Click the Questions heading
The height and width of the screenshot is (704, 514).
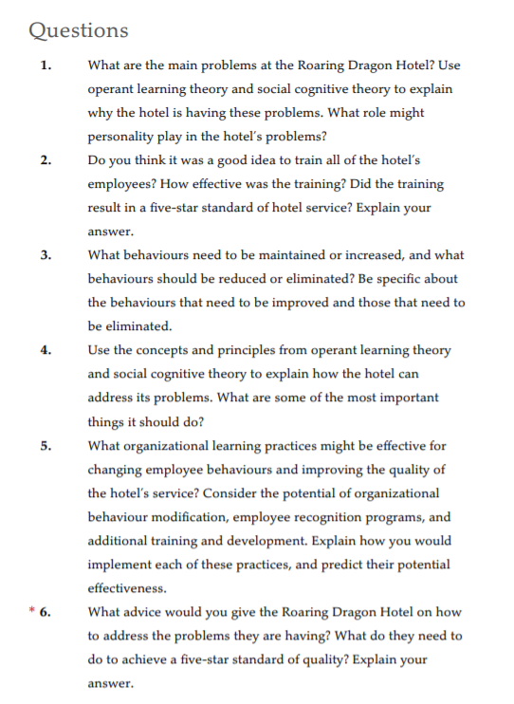click(x=79, y=29)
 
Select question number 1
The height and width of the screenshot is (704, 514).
click(x=46, y=65)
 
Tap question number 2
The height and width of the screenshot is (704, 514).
click(x=46, y=159)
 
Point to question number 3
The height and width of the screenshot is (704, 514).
click(x=46, y=254)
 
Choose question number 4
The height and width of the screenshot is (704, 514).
click(x=46, y=349)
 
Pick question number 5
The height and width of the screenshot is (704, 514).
click(x=46, y=445)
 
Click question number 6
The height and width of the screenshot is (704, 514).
click(x=46, y=612)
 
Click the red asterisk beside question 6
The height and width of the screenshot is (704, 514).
click(x=31, y=611)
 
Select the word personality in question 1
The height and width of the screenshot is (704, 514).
click(x=120, y=136)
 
